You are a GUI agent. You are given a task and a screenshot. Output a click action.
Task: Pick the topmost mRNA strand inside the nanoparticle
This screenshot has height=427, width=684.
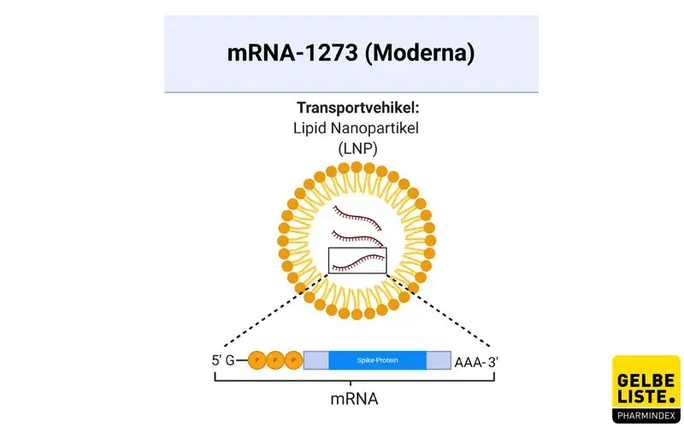(x=358, y=213)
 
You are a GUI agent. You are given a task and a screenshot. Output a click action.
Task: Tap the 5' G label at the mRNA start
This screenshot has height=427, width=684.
(x=223, y=360)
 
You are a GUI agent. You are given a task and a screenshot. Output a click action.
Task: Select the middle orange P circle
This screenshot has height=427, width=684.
(x=275, y=360)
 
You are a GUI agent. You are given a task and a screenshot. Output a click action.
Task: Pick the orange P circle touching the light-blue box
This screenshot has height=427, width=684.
(x=293, y=360)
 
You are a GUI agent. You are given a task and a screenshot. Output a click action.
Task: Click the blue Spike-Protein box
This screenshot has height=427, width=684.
(x=377, y=360)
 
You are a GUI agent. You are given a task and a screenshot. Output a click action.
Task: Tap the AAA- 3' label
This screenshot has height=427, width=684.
(x=476, y=360)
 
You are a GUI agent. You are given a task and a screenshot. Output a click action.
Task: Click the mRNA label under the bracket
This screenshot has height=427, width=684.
(x=354, y=398)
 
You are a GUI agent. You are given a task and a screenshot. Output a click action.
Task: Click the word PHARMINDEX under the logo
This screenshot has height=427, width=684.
(x=646, y=417)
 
